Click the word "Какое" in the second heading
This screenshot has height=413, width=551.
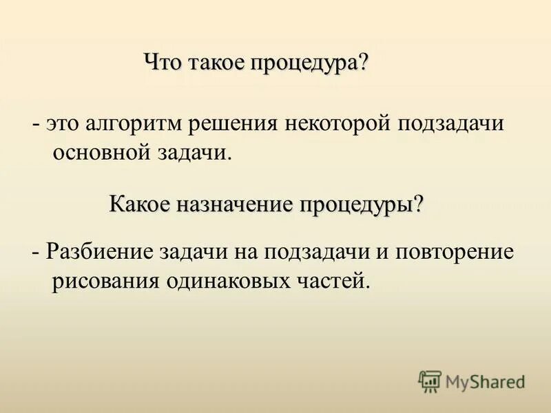point(139,204)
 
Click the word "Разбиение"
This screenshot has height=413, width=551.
point(97,252)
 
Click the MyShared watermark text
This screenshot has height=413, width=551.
point(485,381)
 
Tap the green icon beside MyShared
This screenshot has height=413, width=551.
point(430,381)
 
